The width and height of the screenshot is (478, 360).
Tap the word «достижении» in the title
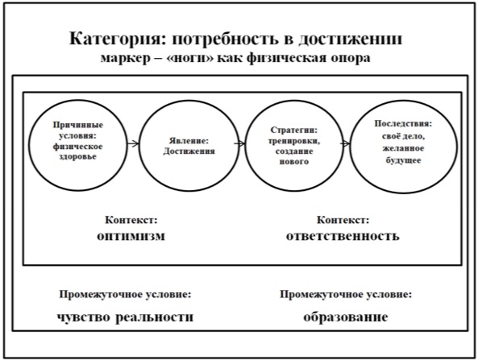351,39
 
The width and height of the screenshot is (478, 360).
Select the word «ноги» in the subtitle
191,58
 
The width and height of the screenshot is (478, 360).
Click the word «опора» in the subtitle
351,58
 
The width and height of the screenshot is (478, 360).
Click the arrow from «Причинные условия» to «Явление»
133,143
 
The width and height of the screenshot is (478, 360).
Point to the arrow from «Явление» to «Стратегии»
239,143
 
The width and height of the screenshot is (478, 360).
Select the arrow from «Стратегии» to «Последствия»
345,143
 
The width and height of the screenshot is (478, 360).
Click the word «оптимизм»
131,236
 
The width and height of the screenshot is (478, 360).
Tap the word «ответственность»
343,236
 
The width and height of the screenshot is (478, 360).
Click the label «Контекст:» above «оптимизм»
131,220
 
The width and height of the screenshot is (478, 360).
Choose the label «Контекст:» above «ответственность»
343,220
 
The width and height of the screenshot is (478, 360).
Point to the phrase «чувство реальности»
125,317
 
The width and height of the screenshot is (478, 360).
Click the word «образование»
346,317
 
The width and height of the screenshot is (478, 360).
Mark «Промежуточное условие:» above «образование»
346,295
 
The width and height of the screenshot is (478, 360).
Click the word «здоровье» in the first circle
77,156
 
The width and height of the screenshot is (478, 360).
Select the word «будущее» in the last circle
403,160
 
